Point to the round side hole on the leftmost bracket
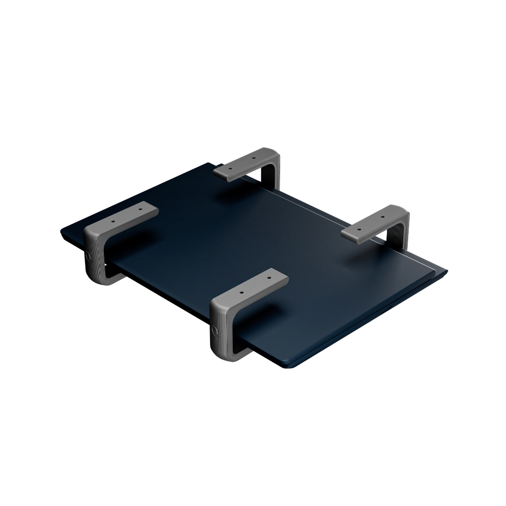[x=88, y=257]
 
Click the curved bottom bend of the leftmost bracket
[x=96, y=278]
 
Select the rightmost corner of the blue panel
[x=446, y=271]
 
